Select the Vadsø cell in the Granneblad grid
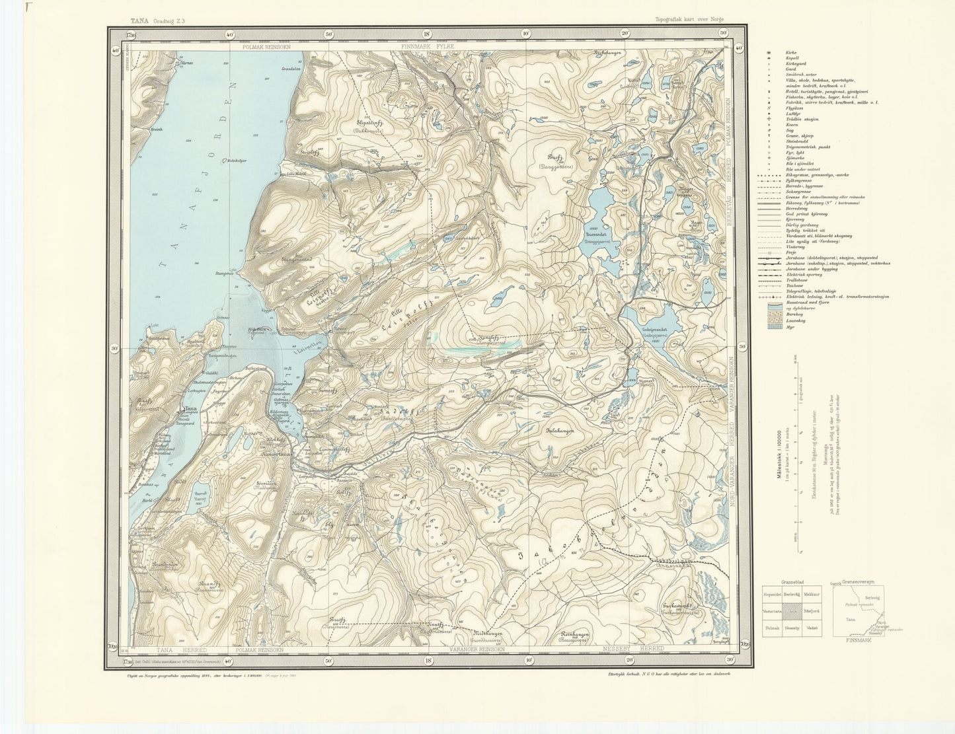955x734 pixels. click(x=812, y=628)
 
